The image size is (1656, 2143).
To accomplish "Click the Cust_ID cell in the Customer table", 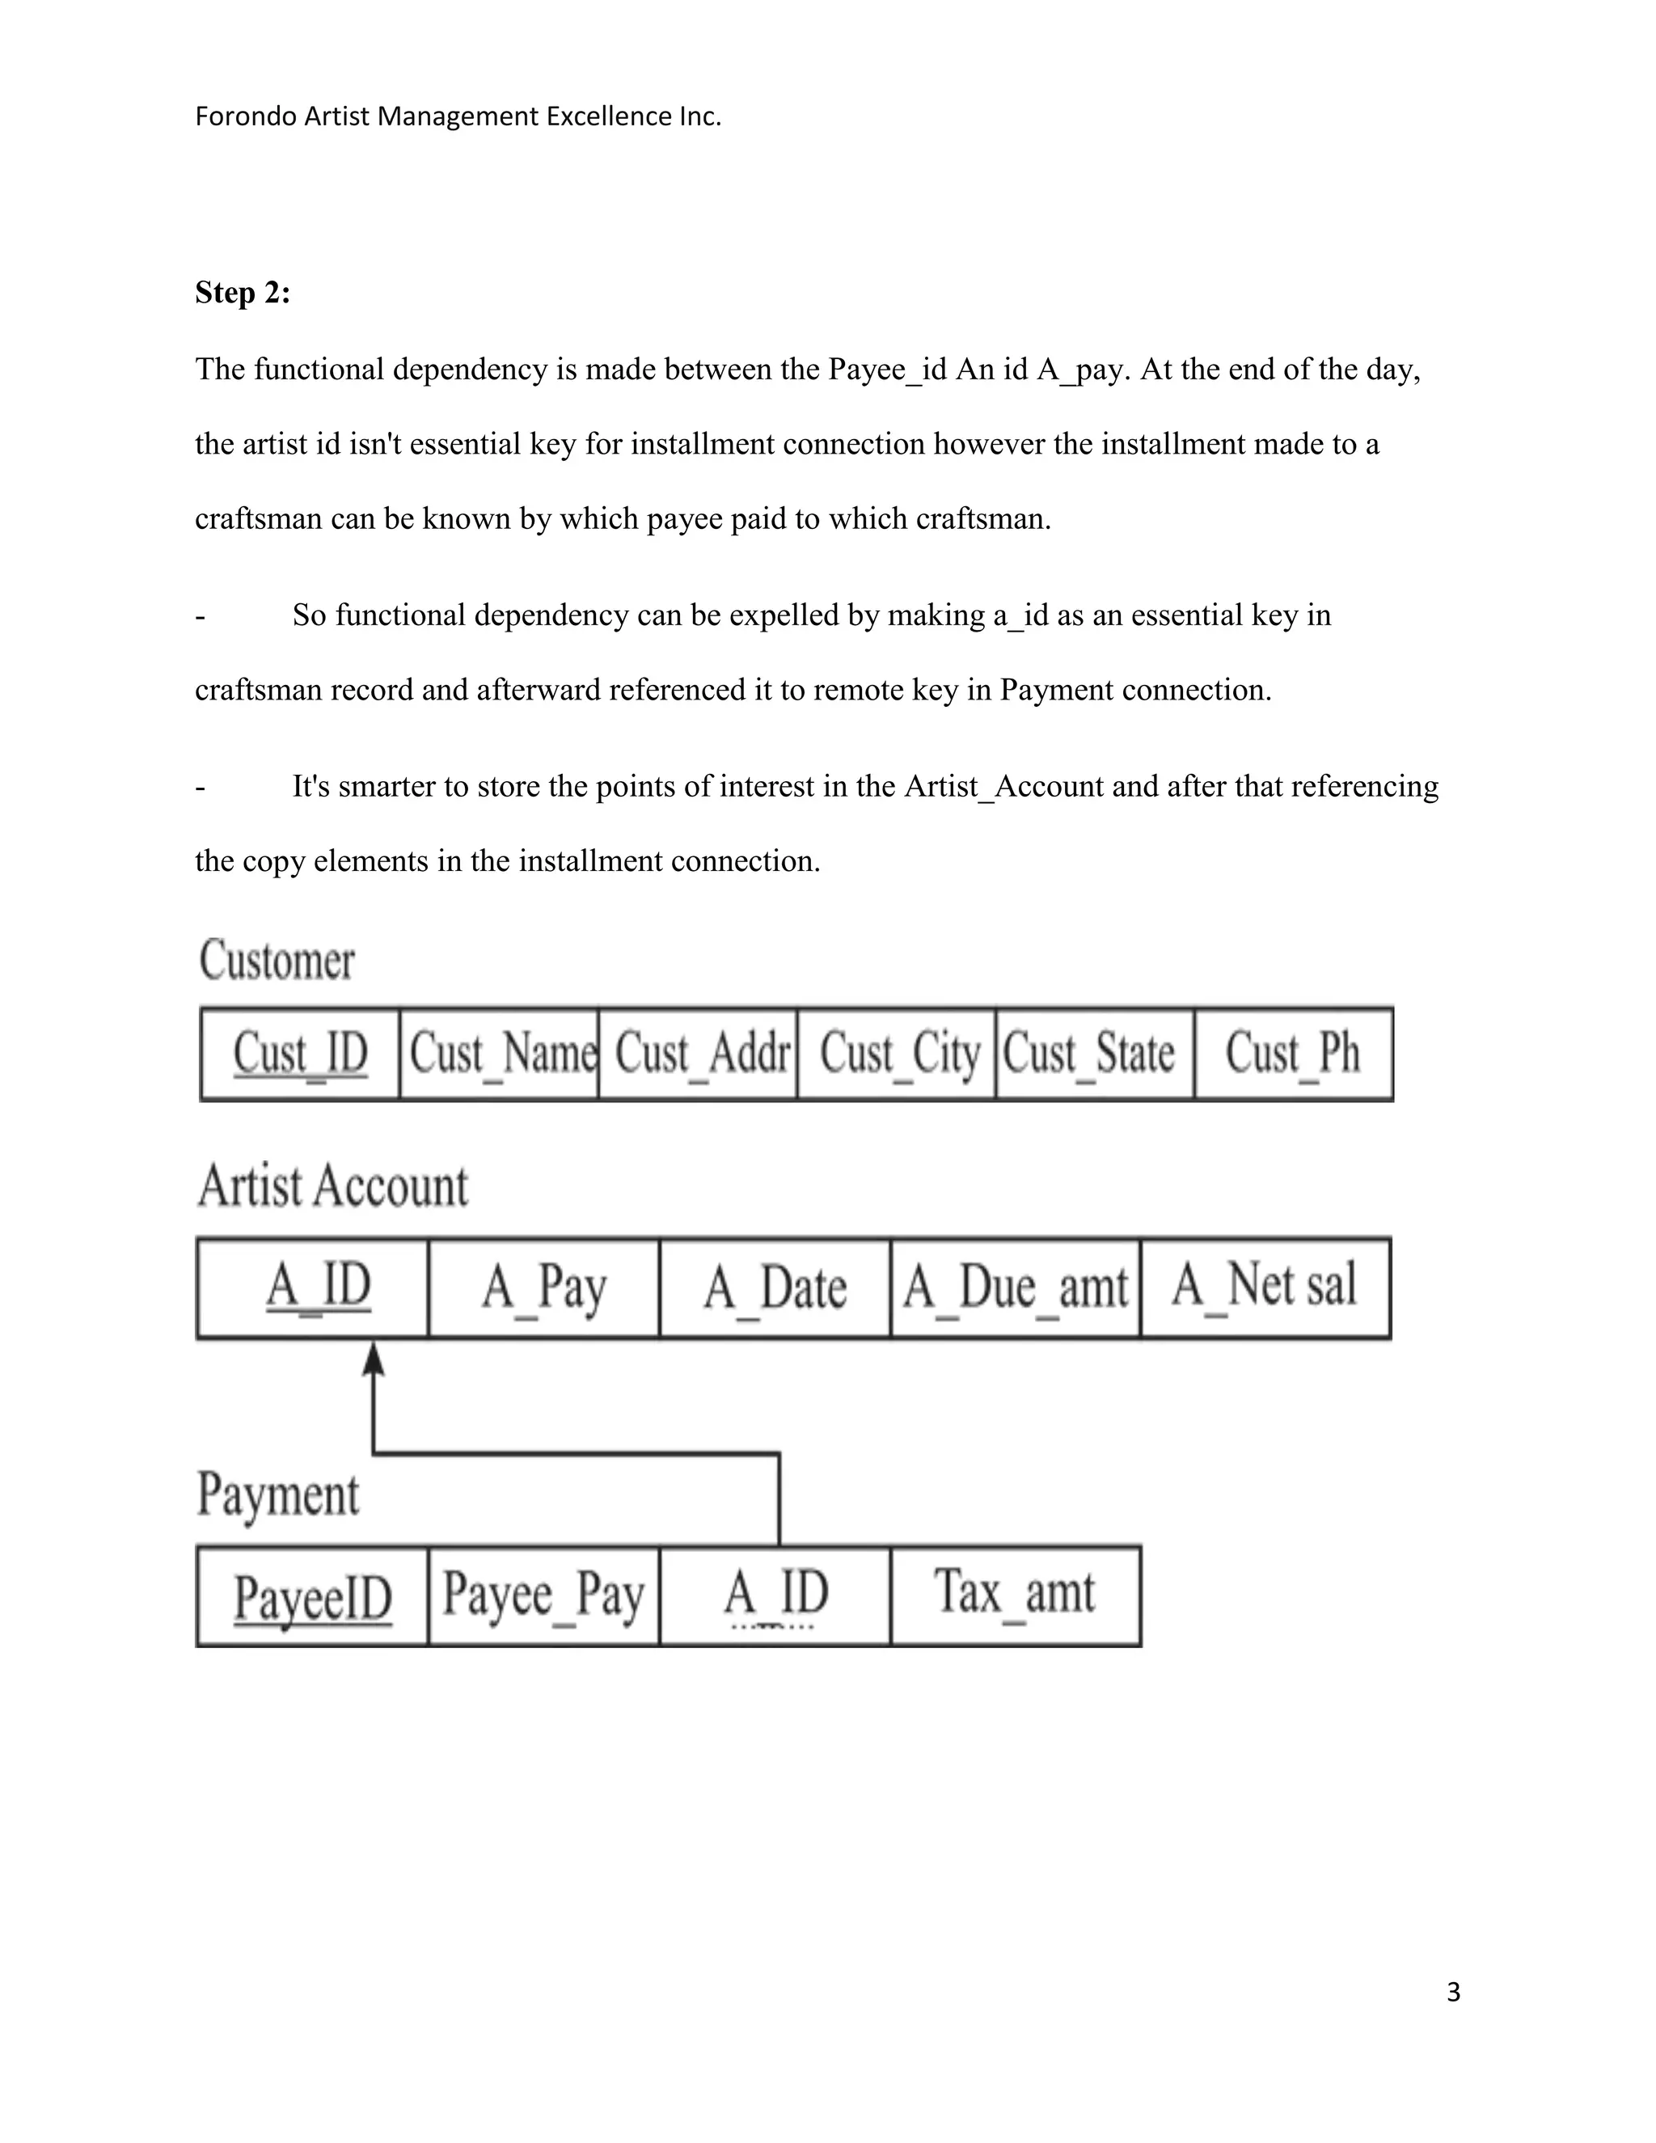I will click(300, 1054).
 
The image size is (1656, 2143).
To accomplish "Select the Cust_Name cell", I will click(500, 1054).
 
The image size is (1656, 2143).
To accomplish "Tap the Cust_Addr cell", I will click(699, 1054).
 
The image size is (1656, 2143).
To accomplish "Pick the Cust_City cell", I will click(898, 1054).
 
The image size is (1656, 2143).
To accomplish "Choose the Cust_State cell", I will click(1095, 1054).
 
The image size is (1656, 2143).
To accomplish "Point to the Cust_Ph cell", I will click(1293, 1054).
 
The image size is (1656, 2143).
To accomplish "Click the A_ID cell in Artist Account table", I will click(314, 1287).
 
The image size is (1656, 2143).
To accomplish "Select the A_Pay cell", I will click(544, 1287).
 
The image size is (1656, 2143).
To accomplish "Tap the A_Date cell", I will click(775, 1287).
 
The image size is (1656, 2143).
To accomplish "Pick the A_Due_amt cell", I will click(1016, 1287).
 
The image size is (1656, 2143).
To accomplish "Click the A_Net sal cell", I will click(1265, 1287).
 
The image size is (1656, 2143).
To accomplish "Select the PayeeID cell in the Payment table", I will click(313, 1596).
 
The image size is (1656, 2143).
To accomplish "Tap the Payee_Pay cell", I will click(544, 1596).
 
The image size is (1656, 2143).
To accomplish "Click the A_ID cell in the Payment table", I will click(775, 1596).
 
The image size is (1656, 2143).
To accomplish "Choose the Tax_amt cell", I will click(1016, 1596).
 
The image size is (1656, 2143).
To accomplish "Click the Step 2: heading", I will click(243, 293).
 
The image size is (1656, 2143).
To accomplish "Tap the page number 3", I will click(1453, 1993).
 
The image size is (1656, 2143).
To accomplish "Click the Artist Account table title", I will click(334, 1186).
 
